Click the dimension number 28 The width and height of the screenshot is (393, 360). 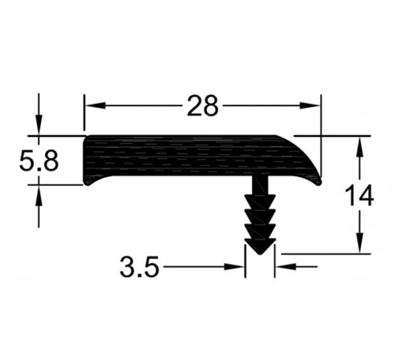pyautogui.click(x=203, y=106)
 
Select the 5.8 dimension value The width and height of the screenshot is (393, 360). pyautogui.click(x=39, y=160)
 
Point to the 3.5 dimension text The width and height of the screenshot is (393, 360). pyautogui.click(x=140, y=266)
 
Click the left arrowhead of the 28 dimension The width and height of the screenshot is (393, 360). pyautogui.click(x=95, y=105)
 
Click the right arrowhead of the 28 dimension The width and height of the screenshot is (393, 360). pyautogui.click(x=310, y=105)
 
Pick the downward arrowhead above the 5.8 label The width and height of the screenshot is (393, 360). pyautogui.click(x=39, y=125)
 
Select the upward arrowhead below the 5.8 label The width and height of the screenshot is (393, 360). pyautogui.click(x=39, y=196)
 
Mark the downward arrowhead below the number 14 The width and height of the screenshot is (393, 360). pyautogui.click(x=360, y=243)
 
